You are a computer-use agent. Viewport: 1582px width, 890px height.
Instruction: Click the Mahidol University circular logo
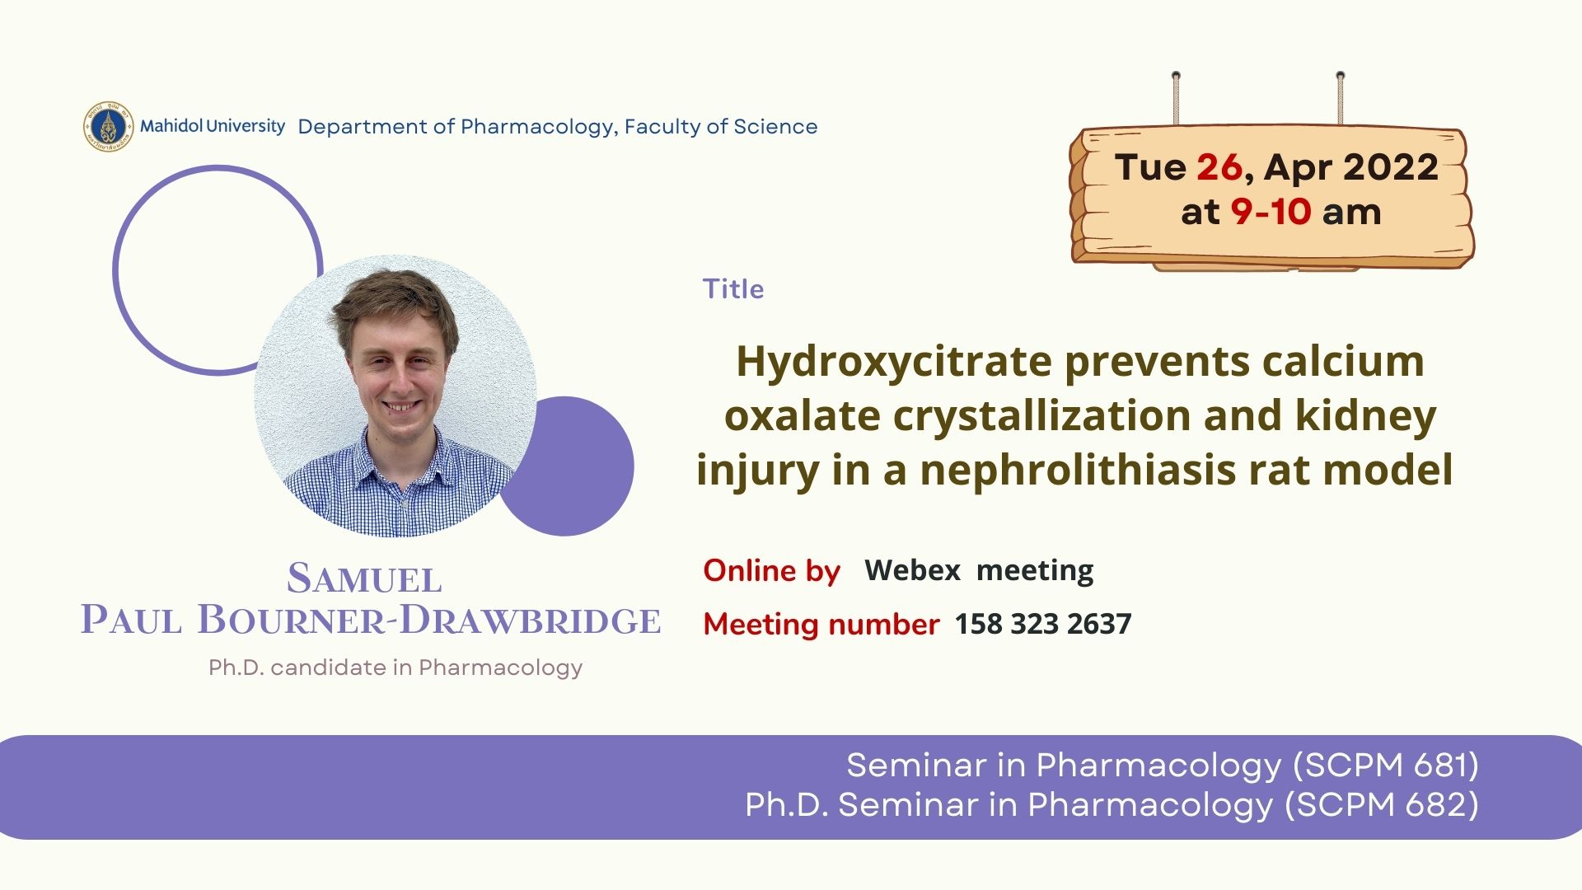(x=108, y=126)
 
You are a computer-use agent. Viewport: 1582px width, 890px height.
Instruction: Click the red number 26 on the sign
(x=1219, y=167)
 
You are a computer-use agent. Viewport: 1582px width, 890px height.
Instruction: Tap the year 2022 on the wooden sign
(x=1391, y=167)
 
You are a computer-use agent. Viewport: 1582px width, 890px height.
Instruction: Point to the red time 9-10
(x=1271, y=212)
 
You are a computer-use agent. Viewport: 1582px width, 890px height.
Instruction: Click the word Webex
(x=912, y=569)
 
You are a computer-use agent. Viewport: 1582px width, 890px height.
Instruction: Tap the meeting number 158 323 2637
(x=1042, y=624)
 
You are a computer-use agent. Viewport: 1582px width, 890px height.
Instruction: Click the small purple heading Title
(x=732, y=289)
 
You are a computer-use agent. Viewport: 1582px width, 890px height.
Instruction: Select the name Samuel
(x=364, y=578)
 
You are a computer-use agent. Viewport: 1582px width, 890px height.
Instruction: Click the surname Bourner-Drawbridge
(x=428, y=620)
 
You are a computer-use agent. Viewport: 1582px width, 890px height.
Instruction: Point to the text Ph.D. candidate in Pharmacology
(x=395, y=667)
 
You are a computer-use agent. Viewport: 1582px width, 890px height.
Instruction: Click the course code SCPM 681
(x=1385, y=766)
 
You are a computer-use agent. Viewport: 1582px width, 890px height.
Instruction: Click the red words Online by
(x=771, y=570)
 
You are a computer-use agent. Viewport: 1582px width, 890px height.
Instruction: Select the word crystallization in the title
(x=1041, y=416)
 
